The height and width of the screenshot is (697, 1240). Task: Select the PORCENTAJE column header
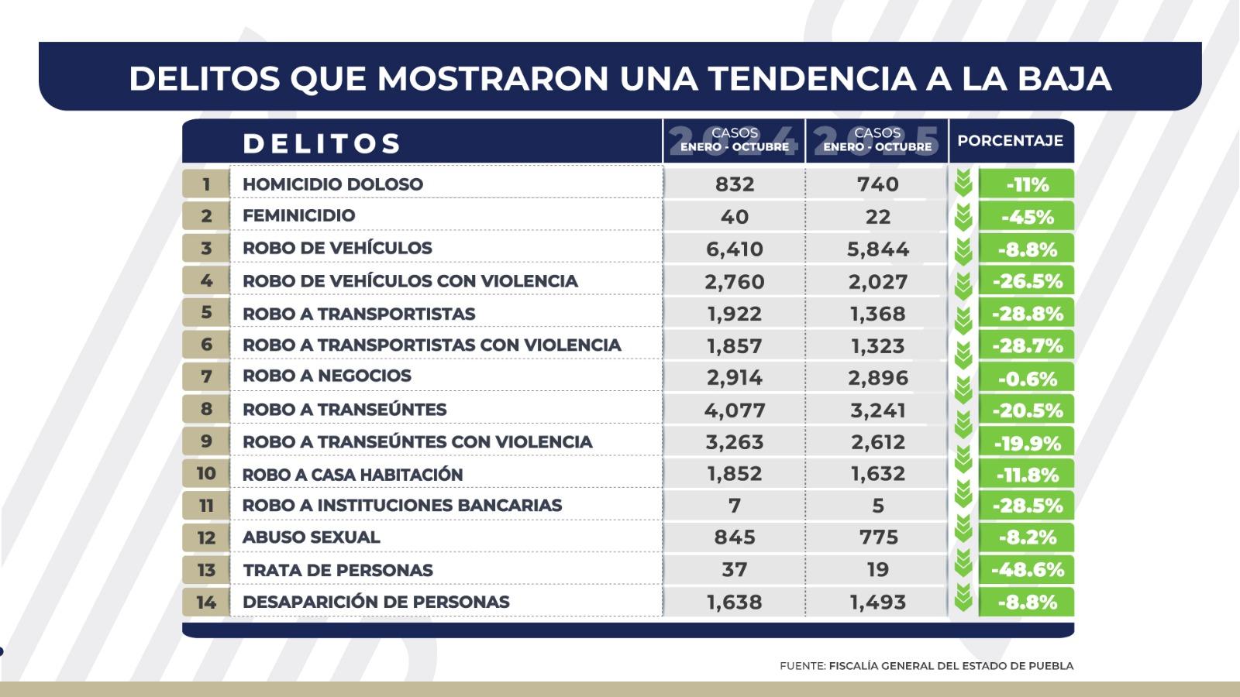click(x=1010, y=142)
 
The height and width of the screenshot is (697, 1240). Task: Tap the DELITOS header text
click(x=322, y=144)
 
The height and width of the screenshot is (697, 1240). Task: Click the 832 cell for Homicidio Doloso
click(x=735, y=184)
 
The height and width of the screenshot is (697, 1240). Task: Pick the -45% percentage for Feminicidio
click(x=1027, y=218)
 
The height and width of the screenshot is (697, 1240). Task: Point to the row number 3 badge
click(x=206, y=249)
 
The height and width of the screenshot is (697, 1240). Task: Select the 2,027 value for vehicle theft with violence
click(x=877, y=282)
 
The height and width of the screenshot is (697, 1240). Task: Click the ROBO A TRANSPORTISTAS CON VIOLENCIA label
click(x=432, y=345)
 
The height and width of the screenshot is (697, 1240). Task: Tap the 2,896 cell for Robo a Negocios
click(x=877, y=378)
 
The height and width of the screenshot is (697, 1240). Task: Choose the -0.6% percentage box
click(x=1027, y=379)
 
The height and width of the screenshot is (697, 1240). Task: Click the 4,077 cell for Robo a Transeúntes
click(x=735, y=410)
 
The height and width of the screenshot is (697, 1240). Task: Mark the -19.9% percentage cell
click(x=1027, y=443)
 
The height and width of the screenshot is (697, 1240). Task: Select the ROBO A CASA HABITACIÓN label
click(x=353, y=475)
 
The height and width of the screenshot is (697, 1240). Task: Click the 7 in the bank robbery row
click(x=735, y=506)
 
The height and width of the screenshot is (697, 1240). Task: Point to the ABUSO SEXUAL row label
click(x=312, y=537)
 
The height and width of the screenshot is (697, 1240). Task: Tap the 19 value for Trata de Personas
click(x=877, y=570)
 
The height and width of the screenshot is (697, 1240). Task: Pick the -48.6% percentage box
click(x=1027, y=571)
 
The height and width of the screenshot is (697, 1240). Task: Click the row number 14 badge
click(x=206, y=603)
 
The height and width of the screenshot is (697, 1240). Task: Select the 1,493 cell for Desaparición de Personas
click(x=877, y=603)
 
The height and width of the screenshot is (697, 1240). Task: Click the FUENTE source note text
click(x=926, y=666)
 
